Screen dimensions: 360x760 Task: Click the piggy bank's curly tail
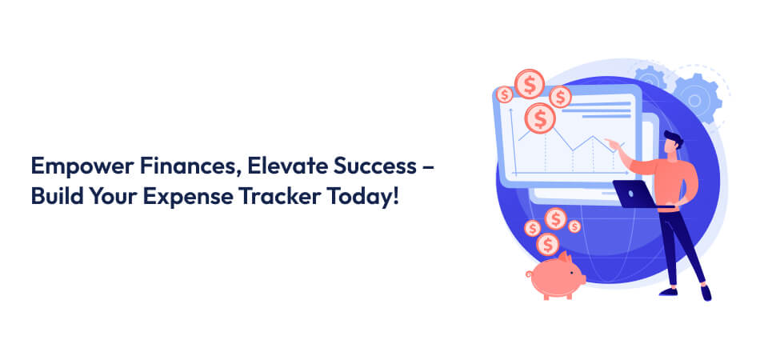coord(529,274)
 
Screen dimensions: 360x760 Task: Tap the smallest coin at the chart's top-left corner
coord(505,95)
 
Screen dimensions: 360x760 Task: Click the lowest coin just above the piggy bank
coord(547,244)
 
